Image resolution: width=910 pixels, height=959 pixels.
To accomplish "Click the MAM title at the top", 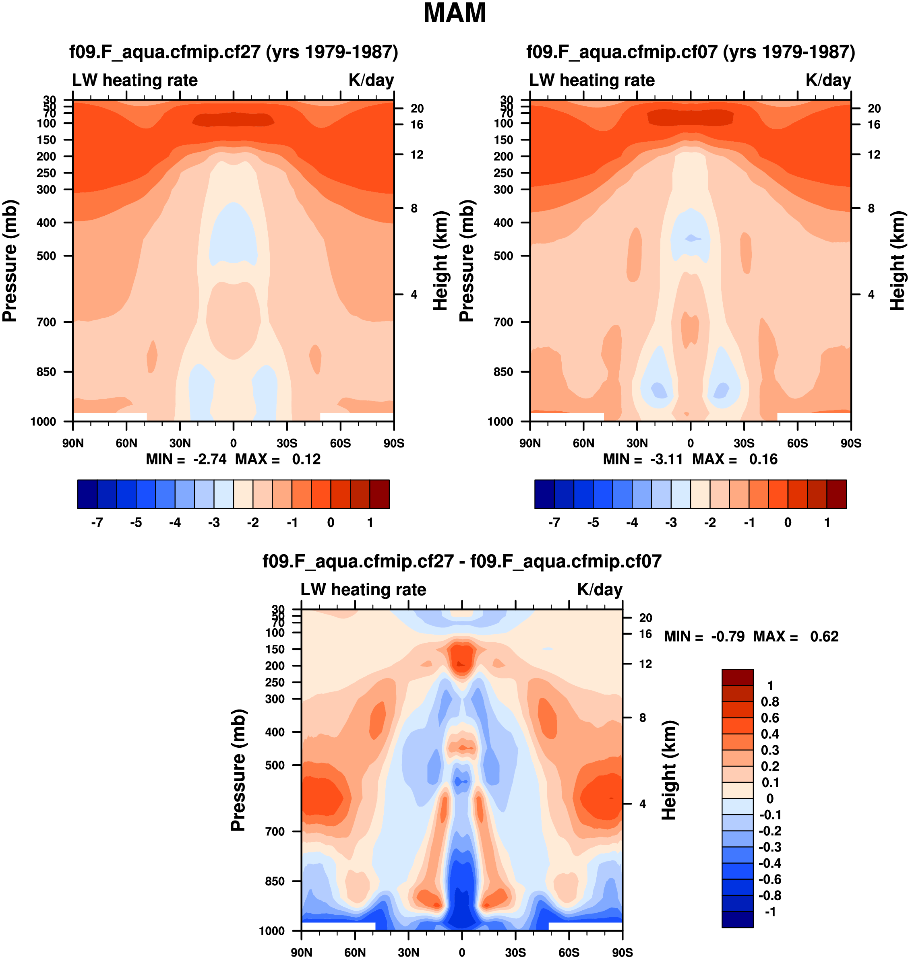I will [x=455, y=14].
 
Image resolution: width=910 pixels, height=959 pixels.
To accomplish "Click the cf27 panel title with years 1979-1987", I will [x=233, y=52].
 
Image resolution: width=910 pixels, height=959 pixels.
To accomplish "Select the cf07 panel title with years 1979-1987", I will [x=690, y=52].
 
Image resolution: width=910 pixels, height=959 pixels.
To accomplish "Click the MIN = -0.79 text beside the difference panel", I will [x=704, y=636].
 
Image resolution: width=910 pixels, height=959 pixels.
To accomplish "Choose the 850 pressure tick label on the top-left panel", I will [x=47, y=372].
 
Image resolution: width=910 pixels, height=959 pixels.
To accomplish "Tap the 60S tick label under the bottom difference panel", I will [x=569, y=952].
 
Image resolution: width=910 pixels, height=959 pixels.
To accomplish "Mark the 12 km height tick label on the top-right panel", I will [x=874, y=155].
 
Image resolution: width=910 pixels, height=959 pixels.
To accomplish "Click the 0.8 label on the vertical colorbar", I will [x=770, y=701].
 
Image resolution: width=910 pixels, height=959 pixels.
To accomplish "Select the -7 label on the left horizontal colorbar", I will [x=97, y=523].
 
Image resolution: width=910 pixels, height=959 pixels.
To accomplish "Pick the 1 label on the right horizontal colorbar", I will [x=827, y=523].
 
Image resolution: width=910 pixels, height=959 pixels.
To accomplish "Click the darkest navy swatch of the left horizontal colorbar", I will [x=87, y=494].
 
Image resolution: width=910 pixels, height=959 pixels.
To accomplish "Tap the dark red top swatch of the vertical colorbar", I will [x=737, y=677].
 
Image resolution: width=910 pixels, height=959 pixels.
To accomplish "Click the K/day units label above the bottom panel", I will [x=600, y=590].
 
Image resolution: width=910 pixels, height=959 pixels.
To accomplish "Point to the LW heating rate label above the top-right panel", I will [x=592, y=80].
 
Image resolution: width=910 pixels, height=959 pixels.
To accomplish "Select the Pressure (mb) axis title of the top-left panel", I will [x=10, y=261].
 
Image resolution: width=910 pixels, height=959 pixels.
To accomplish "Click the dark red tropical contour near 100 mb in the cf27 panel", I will [x=233, y=119].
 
